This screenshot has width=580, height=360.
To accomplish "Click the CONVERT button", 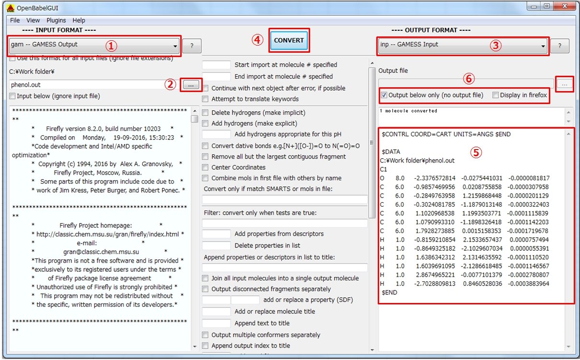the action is [x=289, y=40].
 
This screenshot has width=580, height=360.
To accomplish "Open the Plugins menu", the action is [x=56, y=20].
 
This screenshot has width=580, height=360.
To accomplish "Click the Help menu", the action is [x=79, y=20].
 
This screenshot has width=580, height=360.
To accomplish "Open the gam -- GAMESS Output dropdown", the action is [x=94, y=46].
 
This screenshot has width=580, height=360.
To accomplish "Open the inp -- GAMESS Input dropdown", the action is [x=463, y=46].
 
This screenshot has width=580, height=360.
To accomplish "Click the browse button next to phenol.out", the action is [x=191, y=85].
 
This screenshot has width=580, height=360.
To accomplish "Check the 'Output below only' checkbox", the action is [x=384, y=95].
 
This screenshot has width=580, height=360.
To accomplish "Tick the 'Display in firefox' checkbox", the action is [x=495, y=95].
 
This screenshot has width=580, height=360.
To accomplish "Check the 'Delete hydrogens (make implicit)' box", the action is [x=205, y=112].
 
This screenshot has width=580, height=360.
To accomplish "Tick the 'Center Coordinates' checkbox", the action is [x=205, y=167].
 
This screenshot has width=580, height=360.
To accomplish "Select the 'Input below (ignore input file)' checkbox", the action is [x=12, y=96].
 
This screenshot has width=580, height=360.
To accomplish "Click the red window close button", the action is [x=565, y=6].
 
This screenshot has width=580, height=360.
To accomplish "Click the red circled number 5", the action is [x=476, y=152].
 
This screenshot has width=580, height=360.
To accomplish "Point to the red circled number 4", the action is [x=257, y=40].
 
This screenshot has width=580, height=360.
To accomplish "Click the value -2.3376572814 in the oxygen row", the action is [x=434, y=178].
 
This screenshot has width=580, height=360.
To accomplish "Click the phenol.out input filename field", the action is [x=88, y=85].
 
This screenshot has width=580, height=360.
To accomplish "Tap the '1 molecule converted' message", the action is [x=408, y=111].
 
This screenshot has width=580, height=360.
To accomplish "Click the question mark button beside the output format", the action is [x=560, y=46].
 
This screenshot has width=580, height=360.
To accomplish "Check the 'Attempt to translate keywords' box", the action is [x=205, y=99].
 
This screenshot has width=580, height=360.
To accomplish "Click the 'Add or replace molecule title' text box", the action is [x=216, y=311].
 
